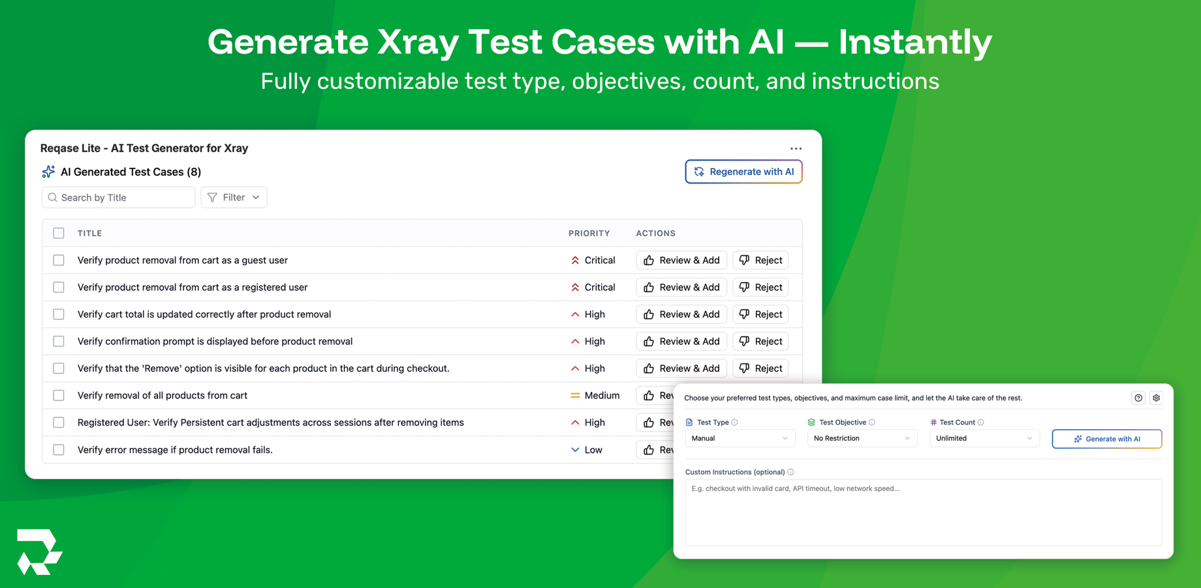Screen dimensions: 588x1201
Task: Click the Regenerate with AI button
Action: [743, 172]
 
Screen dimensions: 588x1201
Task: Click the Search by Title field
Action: [119, 197]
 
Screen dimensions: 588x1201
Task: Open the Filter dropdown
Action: [234, 197]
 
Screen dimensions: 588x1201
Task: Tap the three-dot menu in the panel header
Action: [796, 149]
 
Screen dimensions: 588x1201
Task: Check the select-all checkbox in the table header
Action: [59, 233]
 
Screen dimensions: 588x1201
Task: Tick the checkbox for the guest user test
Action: [59, 260]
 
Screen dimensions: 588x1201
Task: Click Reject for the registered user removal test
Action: [760, 287]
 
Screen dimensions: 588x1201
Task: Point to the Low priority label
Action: [593, 449]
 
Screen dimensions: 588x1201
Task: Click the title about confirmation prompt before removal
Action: [215, 342]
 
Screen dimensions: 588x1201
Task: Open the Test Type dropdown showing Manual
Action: [740, 438]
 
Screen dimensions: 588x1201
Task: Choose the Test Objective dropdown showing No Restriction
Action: [862, 438]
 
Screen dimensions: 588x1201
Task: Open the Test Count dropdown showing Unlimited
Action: [984, 438]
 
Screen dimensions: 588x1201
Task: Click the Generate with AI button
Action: [1106, 439]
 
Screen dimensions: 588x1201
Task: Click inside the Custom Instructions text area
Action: [923, 513]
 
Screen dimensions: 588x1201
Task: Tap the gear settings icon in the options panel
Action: [1156, 398]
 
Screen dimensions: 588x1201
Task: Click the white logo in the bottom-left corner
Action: [39, 552]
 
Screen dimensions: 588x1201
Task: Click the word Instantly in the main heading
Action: [915, 42]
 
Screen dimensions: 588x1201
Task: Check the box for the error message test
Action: [59, 449]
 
